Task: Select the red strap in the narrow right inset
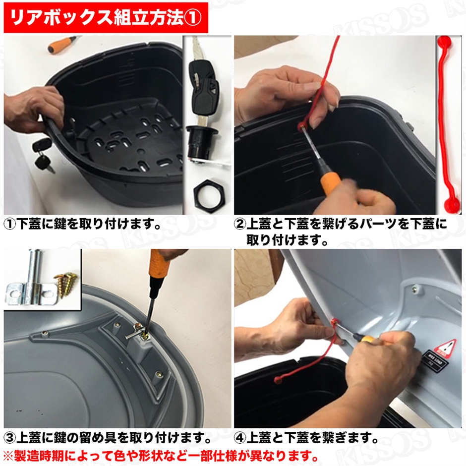point(449,124)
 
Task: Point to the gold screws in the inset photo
point(66,286)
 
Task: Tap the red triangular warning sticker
point(447,349)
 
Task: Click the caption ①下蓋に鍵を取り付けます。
point(83,225)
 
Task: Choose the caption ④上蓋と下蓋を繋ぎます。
point(306,438)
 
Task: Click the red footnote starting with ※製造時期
point(159,455)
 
